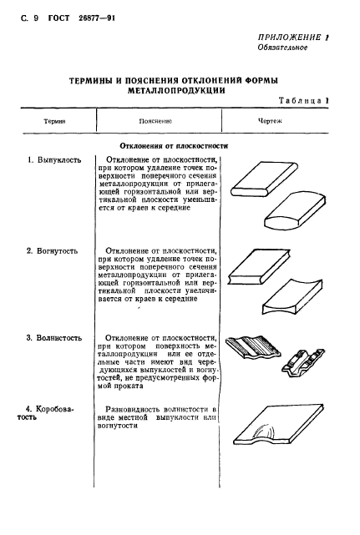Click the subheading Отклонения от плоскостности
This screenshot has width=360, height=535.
point(174,144)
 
